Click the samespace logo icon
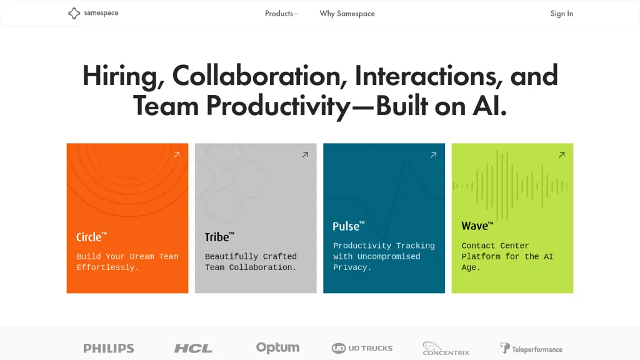pos(74,13)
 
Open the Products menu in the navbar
pos(281,14)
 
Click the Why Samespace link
pos(347,14)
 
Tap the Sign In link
pos(562,14)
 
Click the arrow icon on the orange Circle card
pos(177,155)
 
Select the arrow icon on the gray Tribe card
pos(305,155)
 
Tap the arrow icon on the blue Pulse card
pos(434,155)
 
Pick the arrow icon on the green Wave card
pos(562,155)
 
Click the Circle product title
pos(91,237)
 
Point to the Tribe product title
pos(219,237)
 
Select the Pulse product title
pos(349,226)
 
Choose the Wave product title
pos(477,226)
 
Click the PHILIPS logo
pos(109,348)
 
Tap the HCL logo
pos(193,348)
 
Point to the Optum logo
pos(277,347)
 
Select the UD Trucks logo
pos(362,348)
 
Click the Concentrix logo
pos(446,349)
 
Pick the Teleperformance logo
pos(531,349)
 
